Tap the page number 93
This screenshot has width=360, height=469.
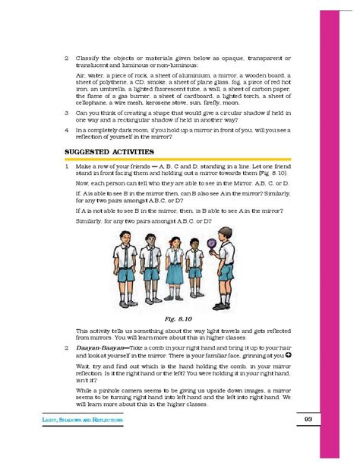pos(308,420)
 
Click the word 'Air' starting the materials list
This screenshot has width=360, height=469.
pos(81,76)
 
